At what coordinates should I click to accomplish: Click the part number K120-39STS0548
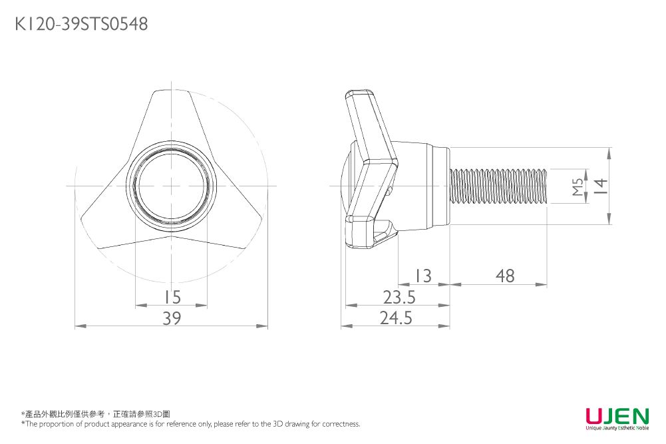click(x=81, y=25)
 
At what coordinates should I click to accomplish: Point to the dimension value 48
click(x=505, y=276)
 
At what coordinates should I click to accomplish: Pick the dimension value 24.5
click(x=397, y=319)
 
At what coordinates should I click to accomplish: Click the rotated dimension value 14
click(x=601, y=186)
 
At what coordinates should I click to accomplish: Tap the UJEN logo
click(x=617, y=416)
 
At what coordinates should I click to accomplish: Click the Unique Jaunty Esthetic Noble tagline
click(x=617, y=429)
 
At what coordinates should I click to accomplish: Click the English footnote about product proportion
click(x=191, y=424)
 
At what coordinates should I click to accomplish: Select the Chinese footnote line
click(x=96, y=414)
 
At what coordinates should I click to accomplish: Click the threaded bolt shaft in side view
click(x=499, y=186)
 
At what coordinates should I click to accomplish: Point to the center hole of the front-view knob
click(x=172, y=186)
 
